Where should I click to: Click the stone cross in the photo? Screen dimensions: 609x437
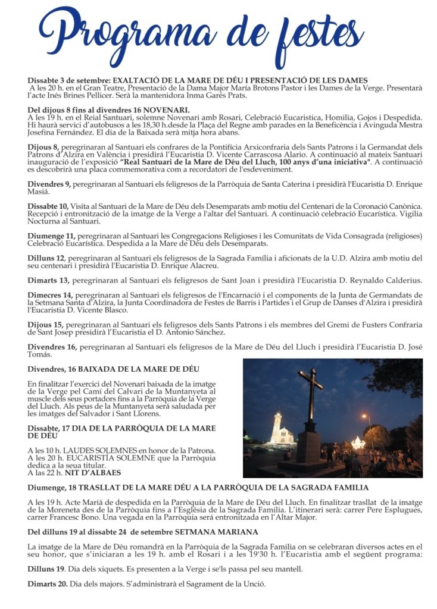pyautogui.click(x=310, y=410)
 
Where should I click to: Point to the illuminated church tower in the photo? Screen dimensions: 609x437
pyautogui.click(x=278, y=427)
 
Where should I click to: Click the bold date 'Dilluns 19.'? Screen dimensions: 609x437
pyautogui.click(x=46, y=569)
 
